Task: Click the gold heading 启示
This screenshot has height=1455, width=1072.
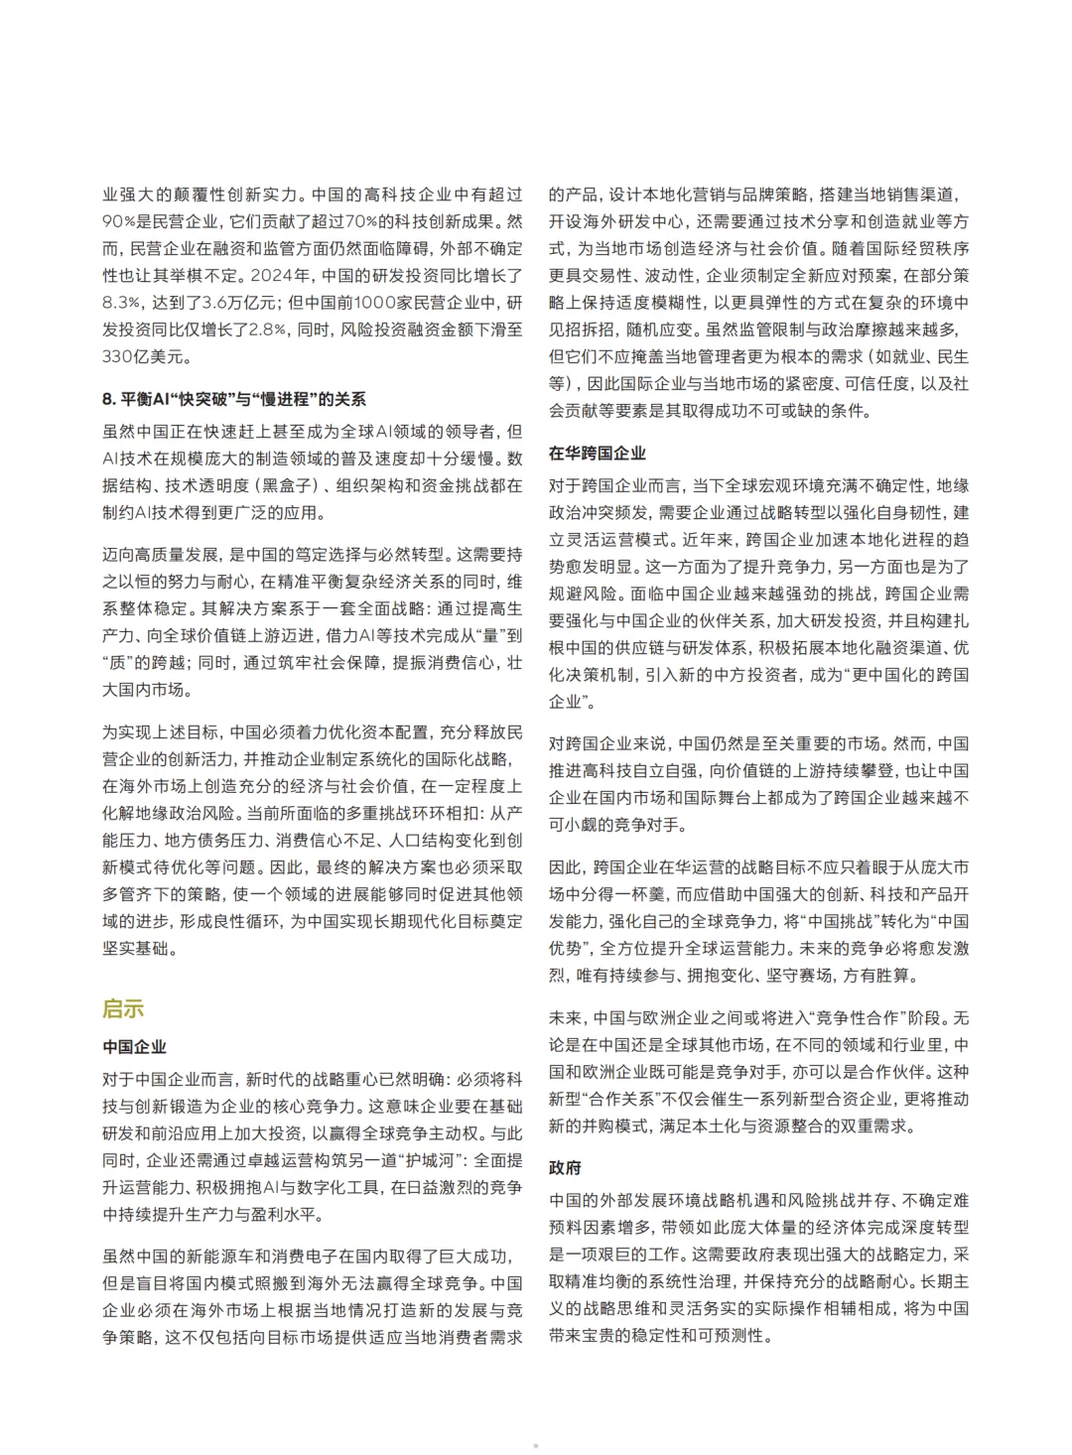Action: pos(123,1008)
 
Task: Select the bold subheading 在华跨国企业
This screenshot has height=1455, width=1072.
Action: pos(597,453)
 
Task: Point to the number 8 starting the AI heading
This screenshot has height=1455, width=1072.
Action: pos(107,399)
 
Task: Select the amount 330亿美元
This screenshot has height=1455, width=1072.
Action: pos(148,356)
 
